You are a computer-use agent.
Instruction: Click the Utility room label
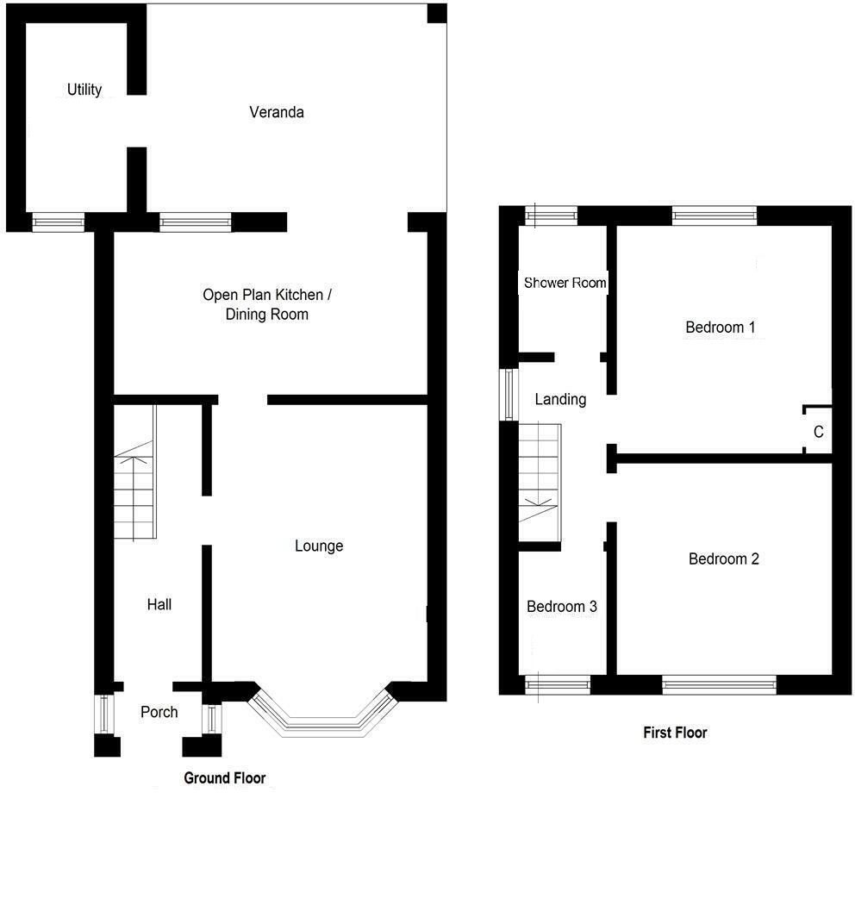(84, 90)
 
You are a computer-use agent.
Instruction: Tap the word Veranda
(277, 112)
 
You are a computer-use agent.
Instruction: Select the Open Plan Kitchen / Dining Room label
(267, 304)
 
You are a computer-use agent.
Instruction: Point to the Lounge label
(319, 546)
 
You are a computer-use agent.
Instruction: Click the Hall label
(159, 605)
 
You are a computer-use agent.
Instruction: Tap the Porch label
(159, 712)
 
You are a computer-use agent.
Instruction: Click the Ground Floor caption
(225, 778)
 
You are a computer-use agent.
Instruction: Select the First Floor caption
(675, 733)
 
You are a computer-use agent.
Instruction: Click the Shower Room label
(565, 283)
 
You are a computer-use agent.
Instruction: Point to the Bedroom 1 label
(721, 328)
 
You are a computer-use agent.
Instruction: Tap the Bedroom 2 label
(724, 558)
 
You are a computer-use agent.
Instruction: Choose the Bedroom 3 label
(562, 607)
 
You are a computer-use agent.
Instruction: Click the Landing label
(560, 399)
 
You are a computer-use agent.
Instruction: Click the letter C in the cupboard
(819, 432)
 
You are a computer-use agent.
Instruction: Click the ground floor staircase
(135, 472)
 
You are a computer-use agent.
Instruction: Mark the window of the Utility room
(58, 222)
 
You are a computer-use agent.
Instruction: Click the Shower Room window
(552, 216)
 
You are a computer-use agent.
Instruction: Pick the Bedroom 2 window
(719, 684)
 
